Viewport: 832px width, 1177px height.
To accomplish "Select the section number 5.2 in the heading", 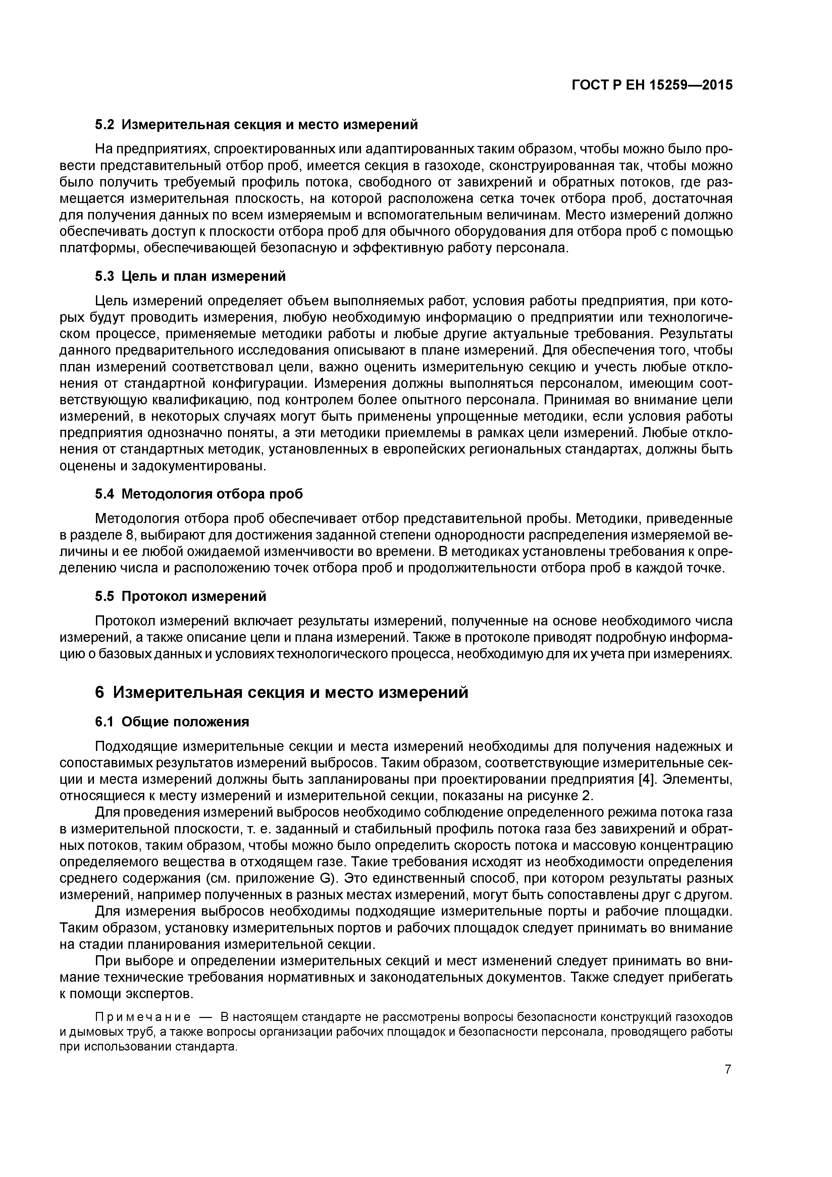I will (x=105, y=124).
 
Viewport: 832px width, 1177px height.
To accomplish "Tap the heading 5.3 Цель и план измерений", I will (x=190, y=276).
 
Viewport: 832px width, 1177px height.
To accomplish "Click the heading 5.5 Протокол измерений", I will (x=180, y=596).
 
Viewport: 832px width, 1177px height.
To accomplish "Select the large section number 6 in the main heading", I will (x=100, y=692).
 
